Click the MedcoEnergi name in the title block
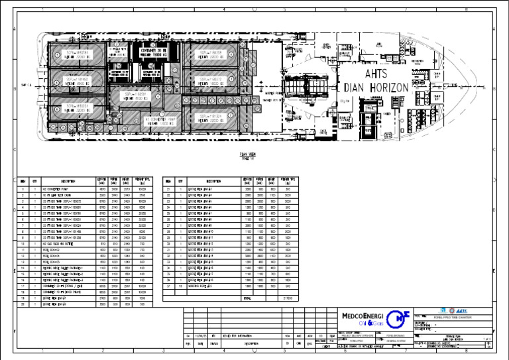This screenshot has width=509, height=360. (x=361, y=317)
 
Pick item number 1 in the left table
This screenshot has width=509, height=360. (x=23, y=188)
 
